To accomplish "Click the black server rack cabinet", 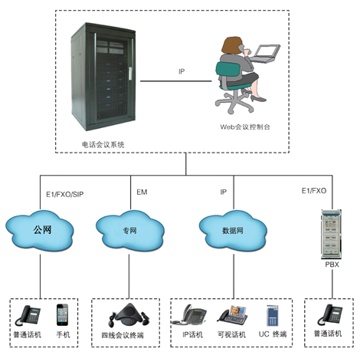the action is (103, 77).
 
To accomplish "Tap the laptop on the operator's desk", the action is (265, 54).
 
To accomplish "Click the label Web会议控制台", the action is (245, 127).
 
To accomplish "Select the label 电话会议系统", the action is (103, 144).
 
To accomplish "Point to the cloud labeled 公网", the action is (40, 230).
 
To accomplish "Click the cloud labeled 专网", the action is (130, 230).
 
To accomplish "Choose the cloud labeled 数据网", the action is (233, 230).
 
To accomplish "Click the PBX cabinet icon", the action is (331, 234).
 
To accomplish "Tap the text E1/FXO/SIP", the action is (65, 195).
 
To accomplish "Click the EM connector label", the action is (142, 192).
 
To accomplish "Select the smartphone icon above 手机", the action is (62, 314).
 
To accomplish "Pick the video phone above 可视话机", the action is (233, 315).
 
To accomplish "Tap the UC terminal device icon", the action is (273, 315).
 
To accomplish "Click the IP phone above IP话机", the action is (189, 314).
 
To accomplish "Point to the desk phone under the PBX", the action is (330, 314).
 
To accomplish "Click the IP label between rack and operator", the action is (182, 71).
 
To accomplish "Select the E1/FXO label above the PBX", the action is (314, 191).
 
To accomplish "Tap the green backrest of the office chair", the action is (228, 69).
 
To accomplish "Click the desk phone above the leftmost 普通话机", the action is (28, 315).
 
